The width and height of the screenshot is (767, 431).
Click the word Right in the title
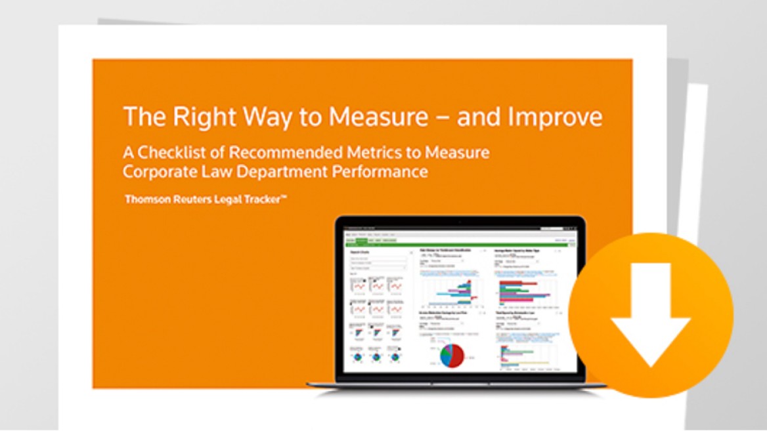click(x=200, y=117)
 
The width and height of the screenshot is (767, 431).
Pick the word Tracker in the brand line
click(x=262, y=199)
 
